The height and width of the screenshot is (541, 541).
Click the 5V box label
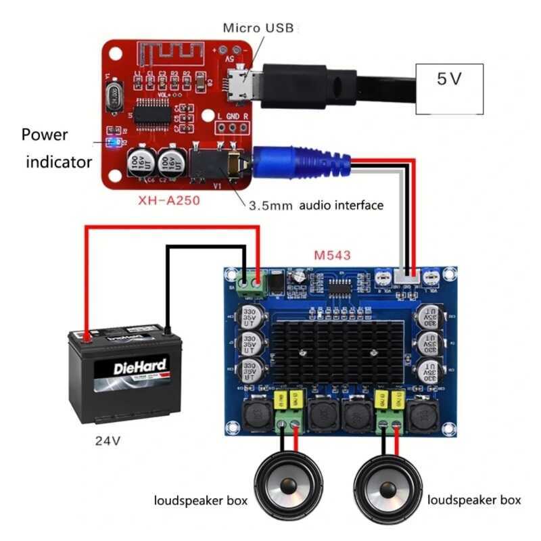coord(450,79)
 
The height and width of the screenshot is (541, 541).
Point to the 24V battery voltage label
coord(108,440)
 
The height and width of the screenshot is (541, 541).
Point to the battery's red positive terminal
coord(86,333)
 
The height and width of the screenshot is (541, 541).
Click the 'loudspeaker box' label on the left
coord(200,501)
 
